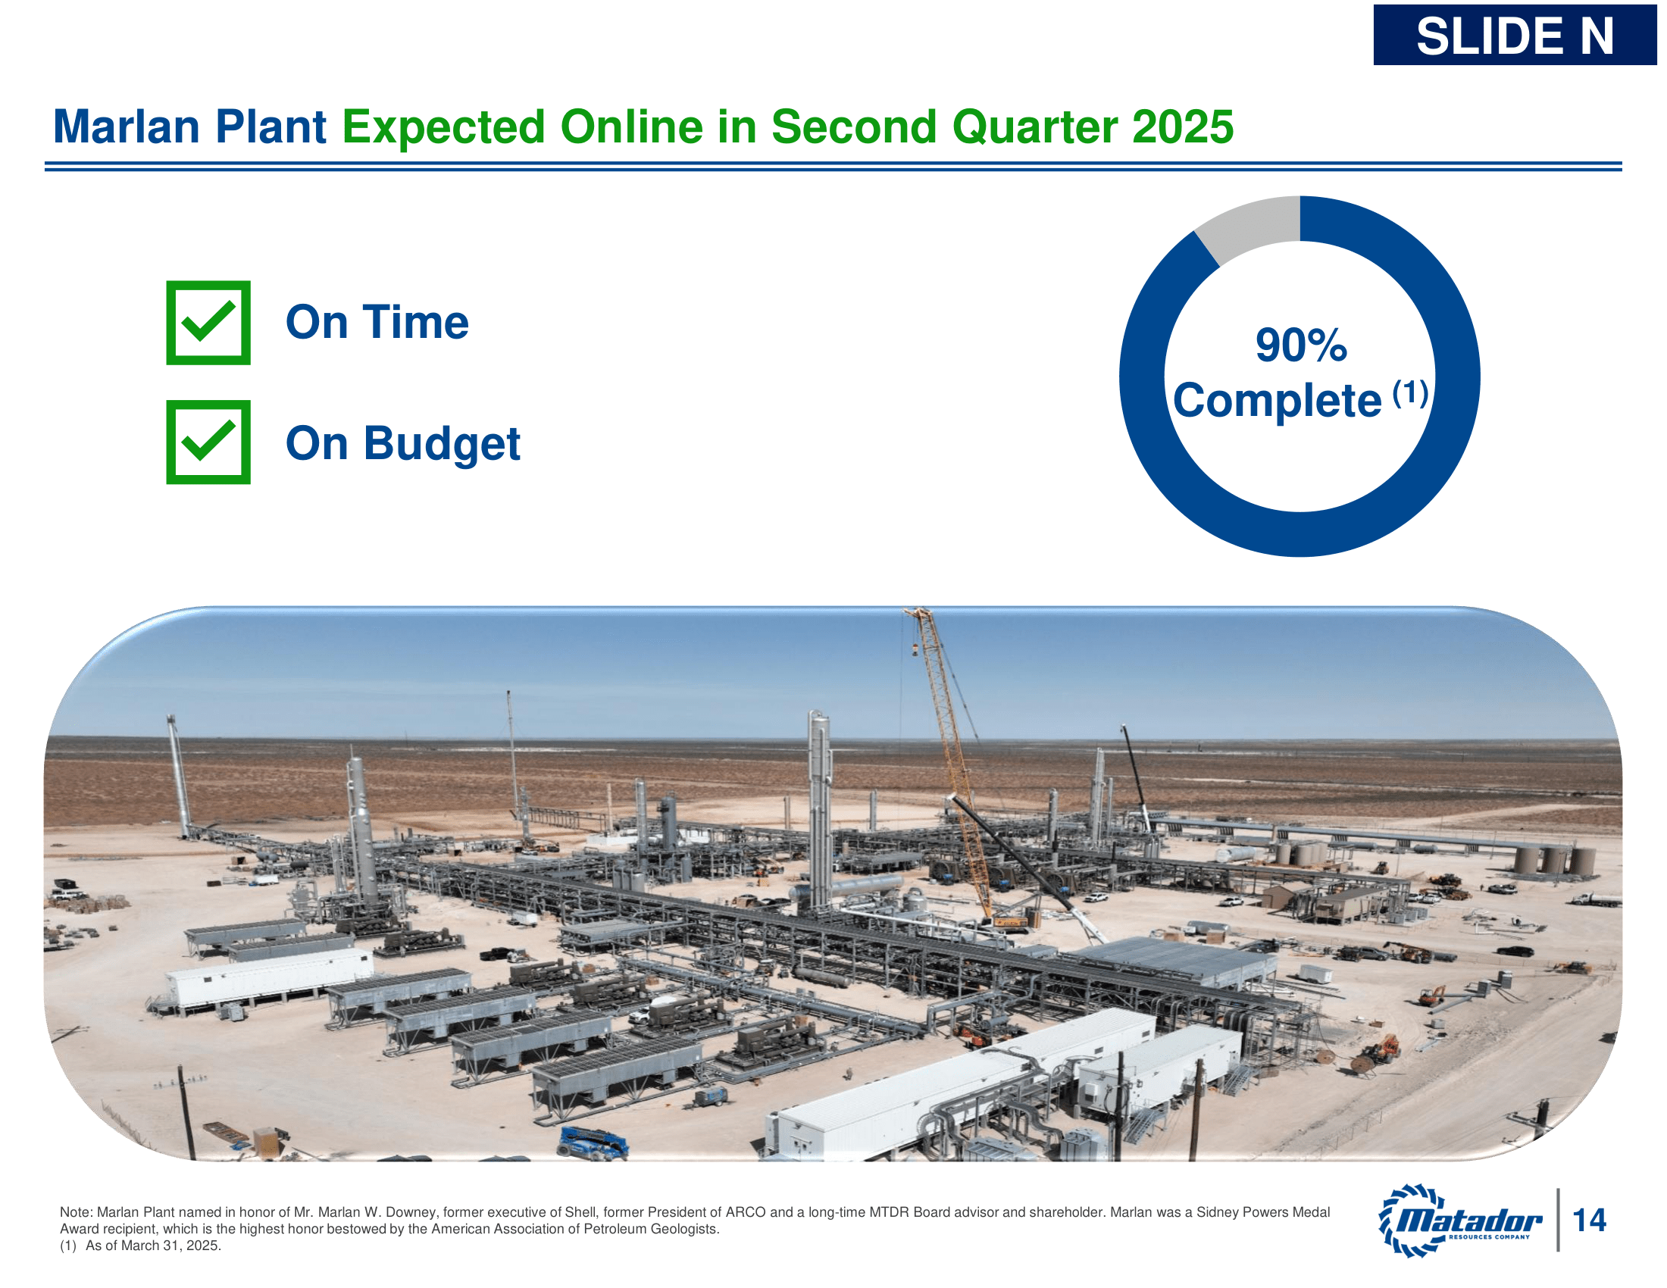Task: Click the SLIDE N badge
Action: click(x=1515, y=36)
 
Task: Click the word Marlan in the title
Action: click(x=126, y=127)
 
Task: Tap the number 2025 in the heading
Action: click(x=1182, y=127)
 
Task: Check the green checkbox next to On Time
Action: click(x=208, y=323)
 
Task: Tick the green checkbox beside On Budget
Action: click(x=208, y=442)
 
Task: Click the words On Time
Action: click(x=377, y=323)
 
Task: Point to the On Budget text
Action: click(x=402, y=443)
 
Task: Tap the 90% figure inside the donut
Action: click(x=1300, y=345)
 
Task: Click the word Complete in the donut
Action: click(x=1276, y=401)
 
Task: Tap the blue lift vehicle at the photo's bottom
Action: click(x=593, y=1143)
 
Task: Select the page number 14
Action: click(x=1590, y=1220)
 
